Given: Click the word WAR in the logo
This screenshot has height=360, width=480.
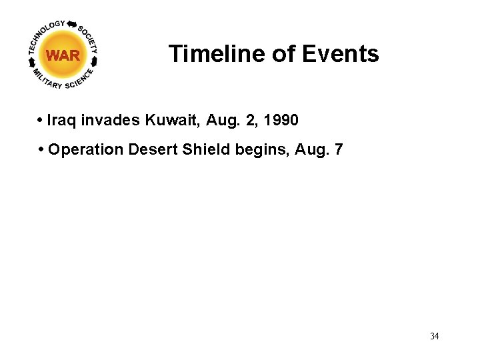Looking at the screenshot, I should click(x=64, y=55).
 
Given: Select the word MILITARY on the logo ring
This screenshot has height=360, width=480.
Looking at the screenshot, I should click(x=47, y=79).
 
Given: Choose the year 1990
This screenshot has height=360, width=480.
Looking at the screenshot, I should click(x=281, y=121).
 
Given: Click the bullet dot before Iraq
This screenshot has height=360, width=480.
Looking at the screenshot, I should click(x=41, y=121).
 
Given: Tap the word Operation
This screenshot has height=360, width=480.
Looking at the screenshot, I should click(x=85, y=149).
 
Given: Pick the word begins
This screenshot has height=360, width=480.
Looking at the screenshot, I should click(x=263, y=149).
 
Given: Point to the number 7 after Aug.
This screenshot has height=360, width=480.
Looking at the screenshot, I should click(x=339, y=149).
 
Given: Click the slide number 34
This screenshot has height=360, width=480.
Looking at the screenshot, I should click(x=434, y=336).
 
